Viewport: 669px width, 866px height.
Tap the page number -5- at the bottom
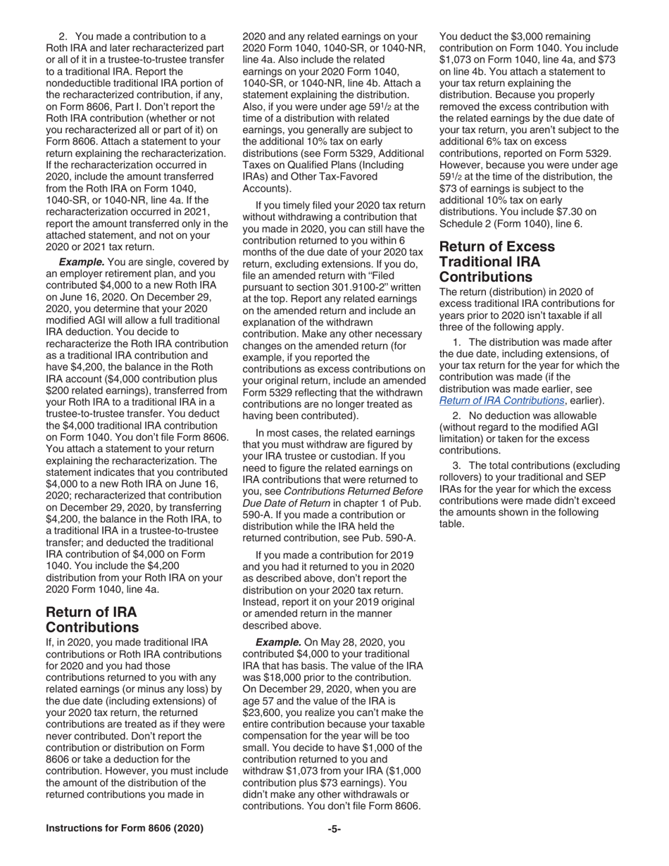pos(334,829)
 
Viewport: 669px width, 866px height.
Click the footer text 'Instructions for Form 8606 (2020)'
pos(125,829)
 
